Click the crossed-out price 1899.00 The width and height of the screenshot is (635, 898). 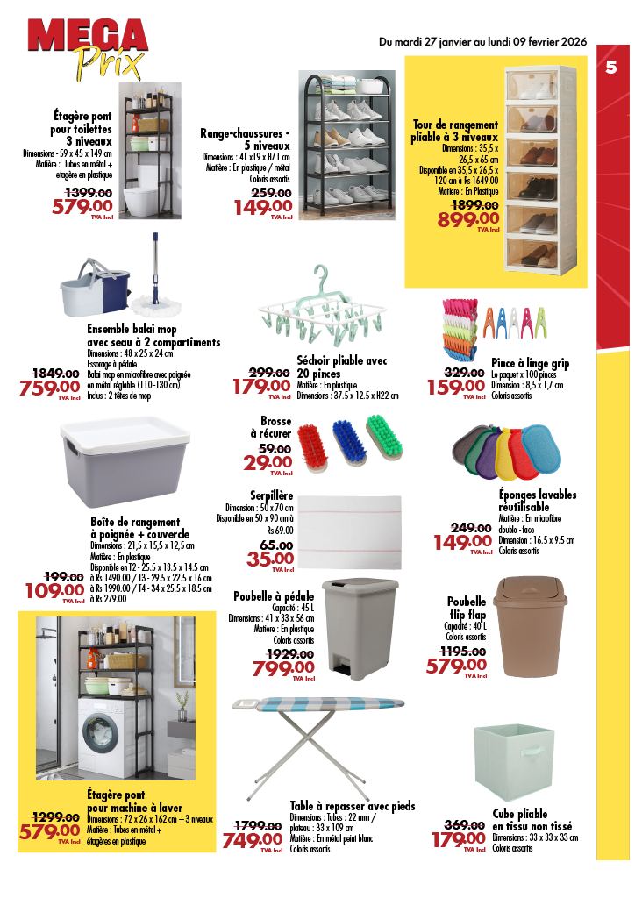click(474, 204)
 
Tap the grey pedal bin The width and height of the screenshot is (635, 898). click(348, 627)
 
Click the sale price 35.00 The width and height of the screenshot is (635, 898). click(270, 559)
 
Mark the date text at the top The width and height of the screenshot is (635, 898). click(482, 41)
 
